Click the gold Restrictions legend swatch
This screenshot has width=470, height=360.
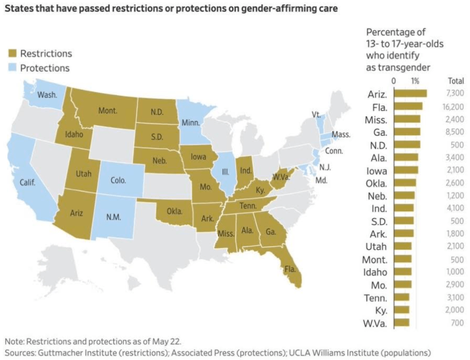12,54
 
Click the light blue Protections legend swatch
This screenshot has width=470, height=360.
12,68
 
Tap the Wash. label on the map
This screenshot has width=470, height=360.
47,95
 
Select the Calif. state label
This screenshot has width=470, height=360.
27,182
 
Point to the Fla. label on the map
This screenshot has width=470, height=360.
290,269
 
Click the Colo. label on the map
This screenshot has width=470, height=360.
119,180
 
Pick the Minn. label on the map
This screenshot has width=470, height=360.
191,123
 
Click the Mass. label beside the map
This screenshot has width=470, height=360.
341,135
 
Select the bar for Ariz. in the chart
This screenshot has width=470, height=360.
410,94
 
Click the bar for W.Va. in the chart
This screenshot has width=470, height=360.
402,323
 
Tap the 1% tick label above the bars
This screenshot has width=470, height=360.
415,81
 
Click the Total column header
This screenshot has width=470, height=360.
455,81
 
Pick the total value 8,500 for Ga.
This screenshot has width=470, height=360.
455,132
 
